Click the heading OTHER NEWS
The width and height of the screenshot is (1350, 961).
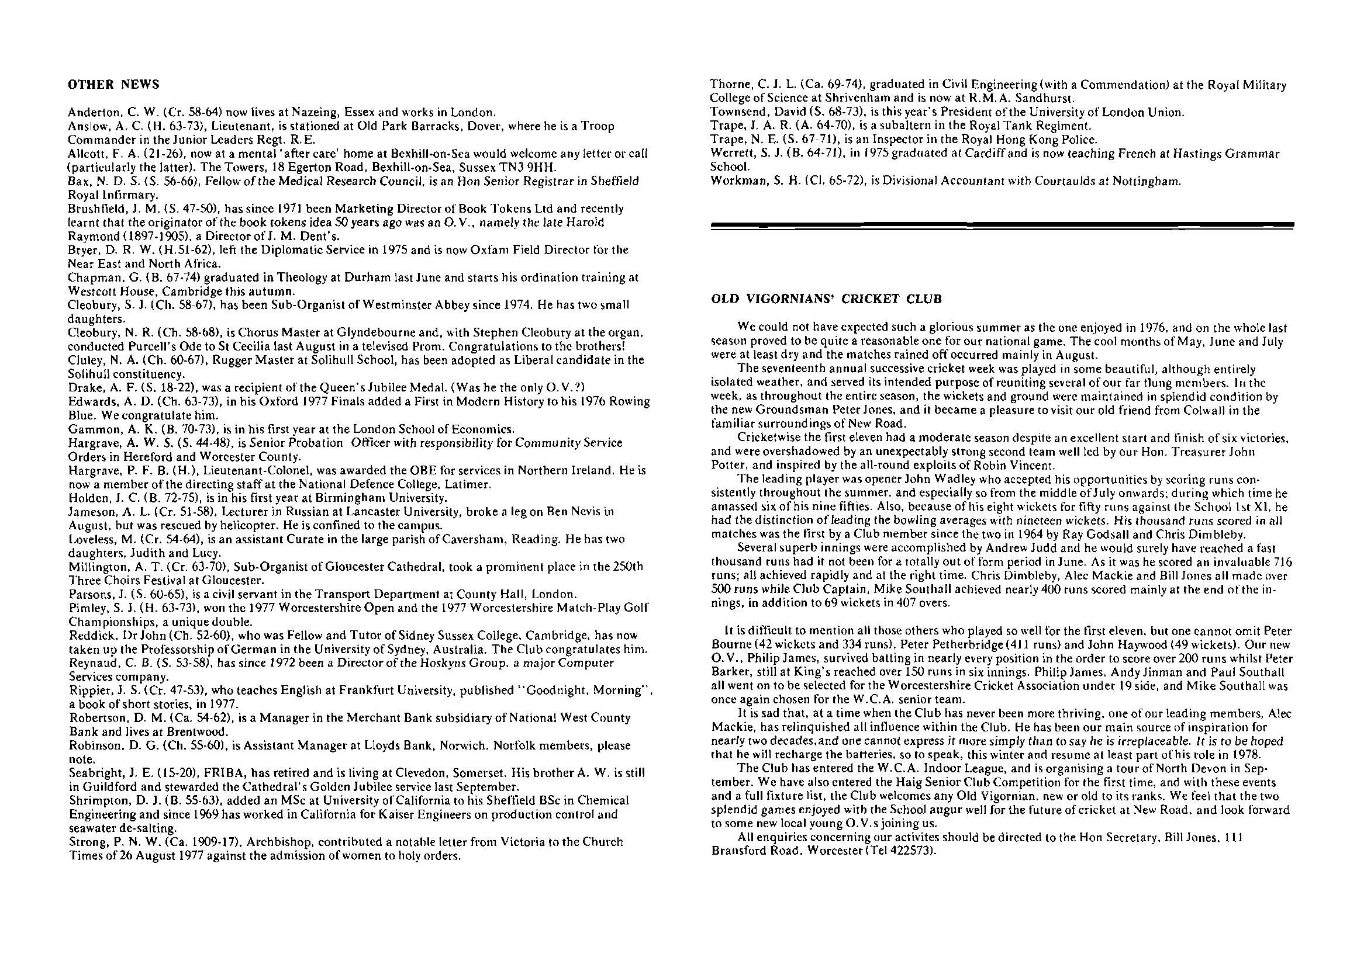coord(113,85)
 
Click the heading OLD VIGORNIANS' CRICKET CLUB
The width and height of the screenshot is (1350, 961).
coord(826,299)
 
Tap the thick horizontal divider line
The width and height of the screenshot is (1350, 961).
coord(1002,225)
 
